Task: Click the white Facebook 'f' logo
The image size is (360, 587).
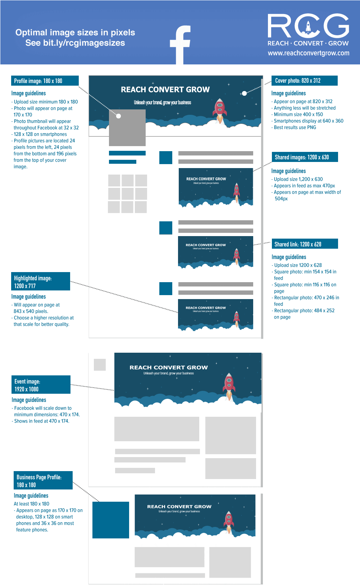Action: tap(180, 45)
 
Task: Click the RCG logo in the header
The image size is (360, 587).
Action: tap(308, 26)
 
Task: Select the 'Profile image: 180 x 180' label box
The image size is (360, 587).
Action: tap(45, 81)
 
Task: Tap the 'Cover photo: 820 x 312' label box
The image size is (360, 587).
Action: tap(304, 81)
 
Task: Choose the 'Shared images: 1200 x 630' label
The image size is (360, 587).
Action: tap(305, 157)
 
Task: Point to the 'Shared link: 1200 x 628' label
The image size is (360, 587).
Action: tap(305, 244)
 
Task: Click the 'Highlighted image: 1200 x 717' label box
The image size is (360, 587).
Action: tap(40, 281)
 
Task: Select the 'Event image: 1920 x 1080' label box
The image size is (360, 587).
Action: tap(41, 385)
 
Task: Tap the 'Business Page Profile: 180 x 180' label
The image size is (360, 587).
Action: tap(43, 480)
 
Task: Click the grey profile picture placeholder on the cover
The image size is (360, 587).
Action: tap(127, 128)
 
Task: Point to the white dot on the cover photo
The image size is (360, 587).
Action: tap(244, 93)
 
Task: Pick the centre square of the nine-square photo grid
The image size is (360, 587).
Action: tap(127, 194)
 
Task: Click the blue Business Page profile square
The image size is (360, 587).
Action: tap(111, 520)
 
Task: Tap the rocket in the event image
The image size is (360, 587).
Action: tap(229, 385)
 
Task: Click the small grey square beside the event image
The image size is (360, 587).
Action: tap(100, 365)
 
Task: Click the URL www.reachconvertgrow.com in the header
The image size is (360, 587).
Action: tap(308, 53)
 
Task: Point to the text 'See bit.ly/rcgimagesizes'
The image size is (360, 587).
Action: tap(75, 43)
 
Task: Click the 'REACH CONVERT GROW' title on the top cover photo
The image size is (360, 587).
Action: tap(165, 90)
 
